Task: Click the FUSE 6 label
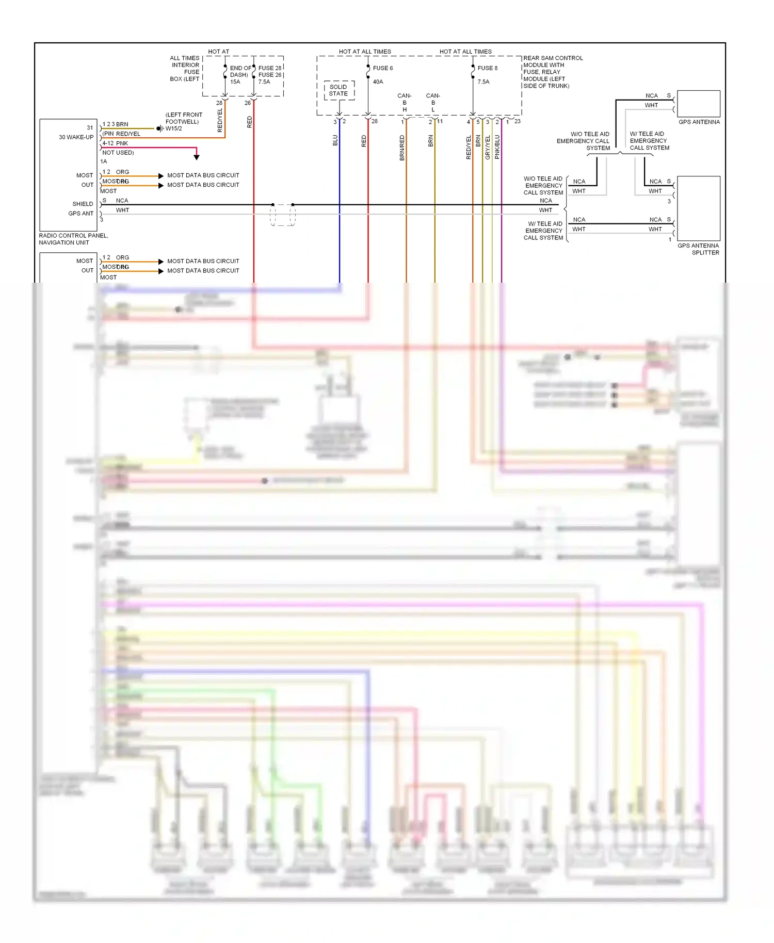click(x=382, y=68)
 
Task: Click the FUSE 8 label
click(x=487, y=68)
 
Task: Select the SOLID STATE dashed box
click(x=338, y=90)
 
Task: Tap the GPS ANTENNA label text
click(x=699, y=122)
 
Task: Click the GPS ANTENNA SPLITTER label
click(x=698, y=249)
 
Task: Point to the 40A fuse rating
click(x=378, y=82)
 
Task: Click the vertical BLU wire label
click(x=335, y=140)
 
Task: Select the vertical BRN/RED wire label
click(x=402, y=148)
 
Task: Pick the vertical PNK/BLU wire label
click(x=497, y=147)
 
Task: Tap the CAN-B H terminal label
click(x=405, y=103)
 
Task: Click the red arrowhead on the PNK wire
click(x=197, y=157)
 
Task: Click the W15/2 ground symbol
click(x=159, y=128)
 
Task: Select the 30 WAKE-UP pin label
click(x=76, y=137)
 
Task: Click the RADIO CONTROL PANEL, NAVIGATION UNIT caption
click(x=73, y=239)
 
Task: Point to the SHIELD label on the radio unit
click(x=83, y=204)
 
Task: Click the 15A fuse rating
click(x=235, y=82)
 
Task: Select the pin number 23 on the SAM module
click(x=517, y=122)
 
